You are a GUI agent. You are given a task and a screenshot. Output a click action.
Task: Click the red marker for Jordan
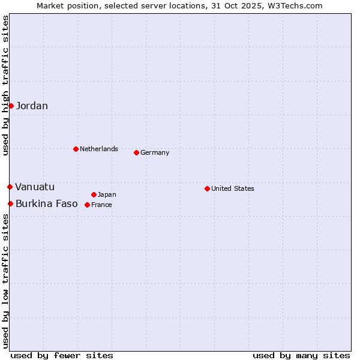[11, 106]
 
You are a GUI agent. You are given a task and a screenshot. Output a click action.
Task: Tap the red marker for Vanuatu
[10, 187]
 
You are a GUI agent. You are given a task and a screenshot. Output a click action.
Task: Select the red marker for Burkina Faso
[10, 203]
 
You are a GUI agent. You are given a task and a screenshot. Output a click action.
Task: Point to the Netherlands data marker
[76, 149]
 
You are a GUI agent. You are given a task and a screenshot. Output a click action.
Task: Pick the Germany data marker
[136, 152]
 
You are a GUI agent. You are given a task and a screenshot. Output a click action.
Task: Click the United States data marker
[207, 188]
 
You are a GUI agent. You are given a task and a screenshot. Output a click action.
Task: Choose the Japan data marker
[94, 194]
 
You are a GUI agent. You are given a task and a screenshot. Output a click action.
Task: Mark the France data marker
[87, 205]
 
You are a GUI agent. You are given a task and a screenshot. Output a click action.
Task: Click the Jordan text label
[32, 106]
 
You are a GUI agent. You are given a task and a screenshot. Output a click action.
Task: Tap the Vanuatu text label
[35, 187]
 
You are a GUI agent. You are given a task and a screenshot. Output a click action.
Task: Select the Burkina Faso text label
[47, 204]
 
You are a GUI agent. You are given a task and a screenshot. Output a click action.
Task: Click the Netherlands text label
[99, 149]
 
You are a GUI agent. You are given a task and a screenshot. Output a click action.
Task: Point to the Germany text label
[155, 152]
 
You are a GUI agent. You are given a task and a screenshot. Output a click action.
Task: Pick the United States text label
[233, 188]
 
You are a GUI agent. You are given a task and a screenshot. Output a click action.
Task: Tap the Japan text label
[107, 194]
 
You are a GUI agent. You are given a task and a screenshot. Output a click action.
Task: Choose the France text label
[101, 205]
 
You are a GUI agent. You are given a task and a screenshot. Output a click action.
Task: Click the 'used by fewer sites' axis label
[62, 355]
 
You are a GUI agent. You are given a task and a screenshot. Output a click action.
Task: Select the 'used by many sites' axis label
[301, 355]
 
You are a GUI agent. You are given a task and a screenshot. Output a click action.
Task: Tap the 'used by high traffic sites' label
[5, 86]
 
